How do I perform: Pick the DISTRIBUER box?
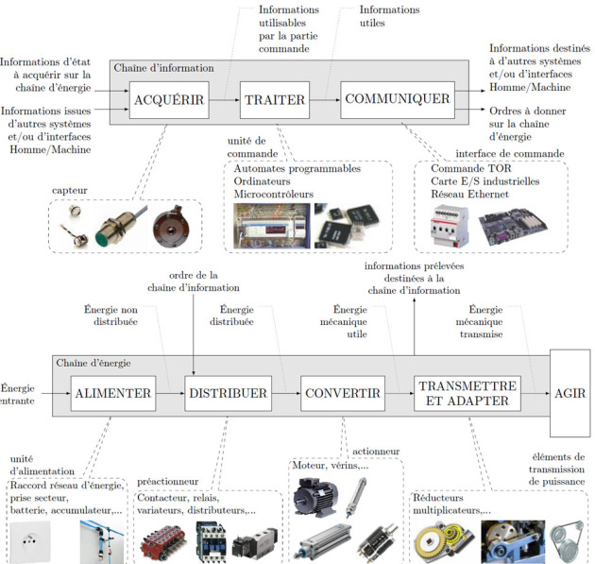227,393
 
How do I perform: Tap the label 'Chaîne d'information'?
163,68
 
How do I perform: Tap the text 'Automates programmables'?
297,170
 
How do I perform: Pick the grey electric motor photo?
317,495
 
